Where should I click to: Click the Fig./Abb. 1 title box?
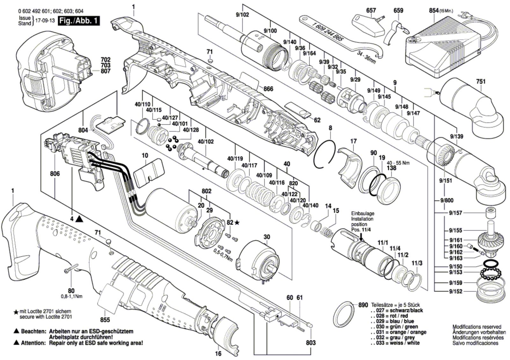79,21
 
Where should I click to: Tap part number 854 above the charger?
434,11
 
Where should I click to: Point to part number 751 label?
481,81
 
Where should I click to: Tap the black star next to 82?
237,223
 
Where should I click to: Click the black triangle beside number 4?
79,219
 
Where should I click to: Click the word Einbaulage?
363,214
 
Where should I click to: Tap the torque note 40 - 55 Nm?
398,163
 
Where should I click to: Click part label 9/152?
455,291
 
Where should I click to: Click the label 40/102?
206,141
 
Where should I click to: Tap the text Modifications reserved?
477,327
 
